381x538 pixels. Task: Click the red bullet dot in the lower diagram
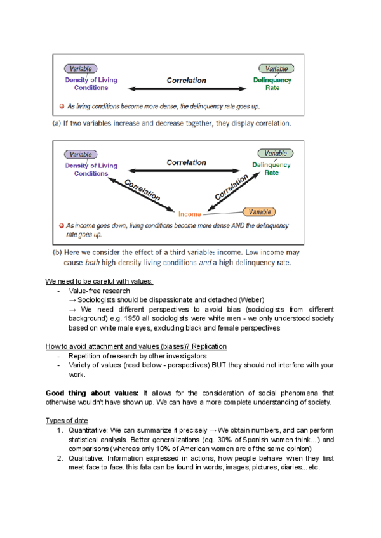pyautogui.click(x=61, y=225)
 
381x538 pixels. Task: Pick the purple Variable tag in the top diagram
pyautogui.click(x=80, y=69)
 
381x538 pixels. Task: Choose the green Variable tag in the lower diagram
pyautogui.click(x=276, y=154)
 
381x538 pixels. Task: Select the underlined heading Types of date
pyautogui.click(x=67, y=421)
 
